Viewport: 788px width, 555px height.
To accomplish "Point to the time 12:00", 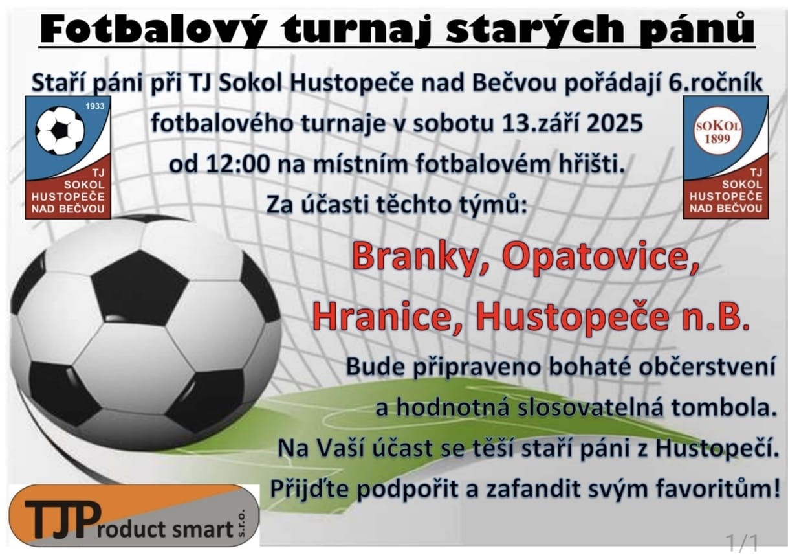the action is tap(238, 164).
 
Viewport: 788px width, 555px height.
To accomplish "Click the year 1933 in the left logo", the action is tap(95, 106).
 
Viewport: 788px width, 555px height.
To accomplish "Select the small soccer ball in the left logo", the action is tap(60, 131).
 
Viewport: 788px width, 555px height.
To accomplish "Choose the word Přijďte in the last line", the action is tap(310, 489).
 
